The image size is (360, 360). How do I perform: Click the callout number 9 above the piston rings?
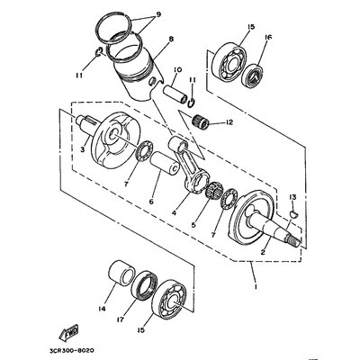(x=158, y=14)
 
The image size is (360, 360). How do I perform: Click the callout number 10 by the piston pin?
(x=178, y=70)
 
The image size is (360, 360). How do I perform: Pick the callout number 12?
(x=230, y=121)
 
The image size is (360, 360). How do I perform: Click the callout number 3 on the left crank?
(x=82, y=150)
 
